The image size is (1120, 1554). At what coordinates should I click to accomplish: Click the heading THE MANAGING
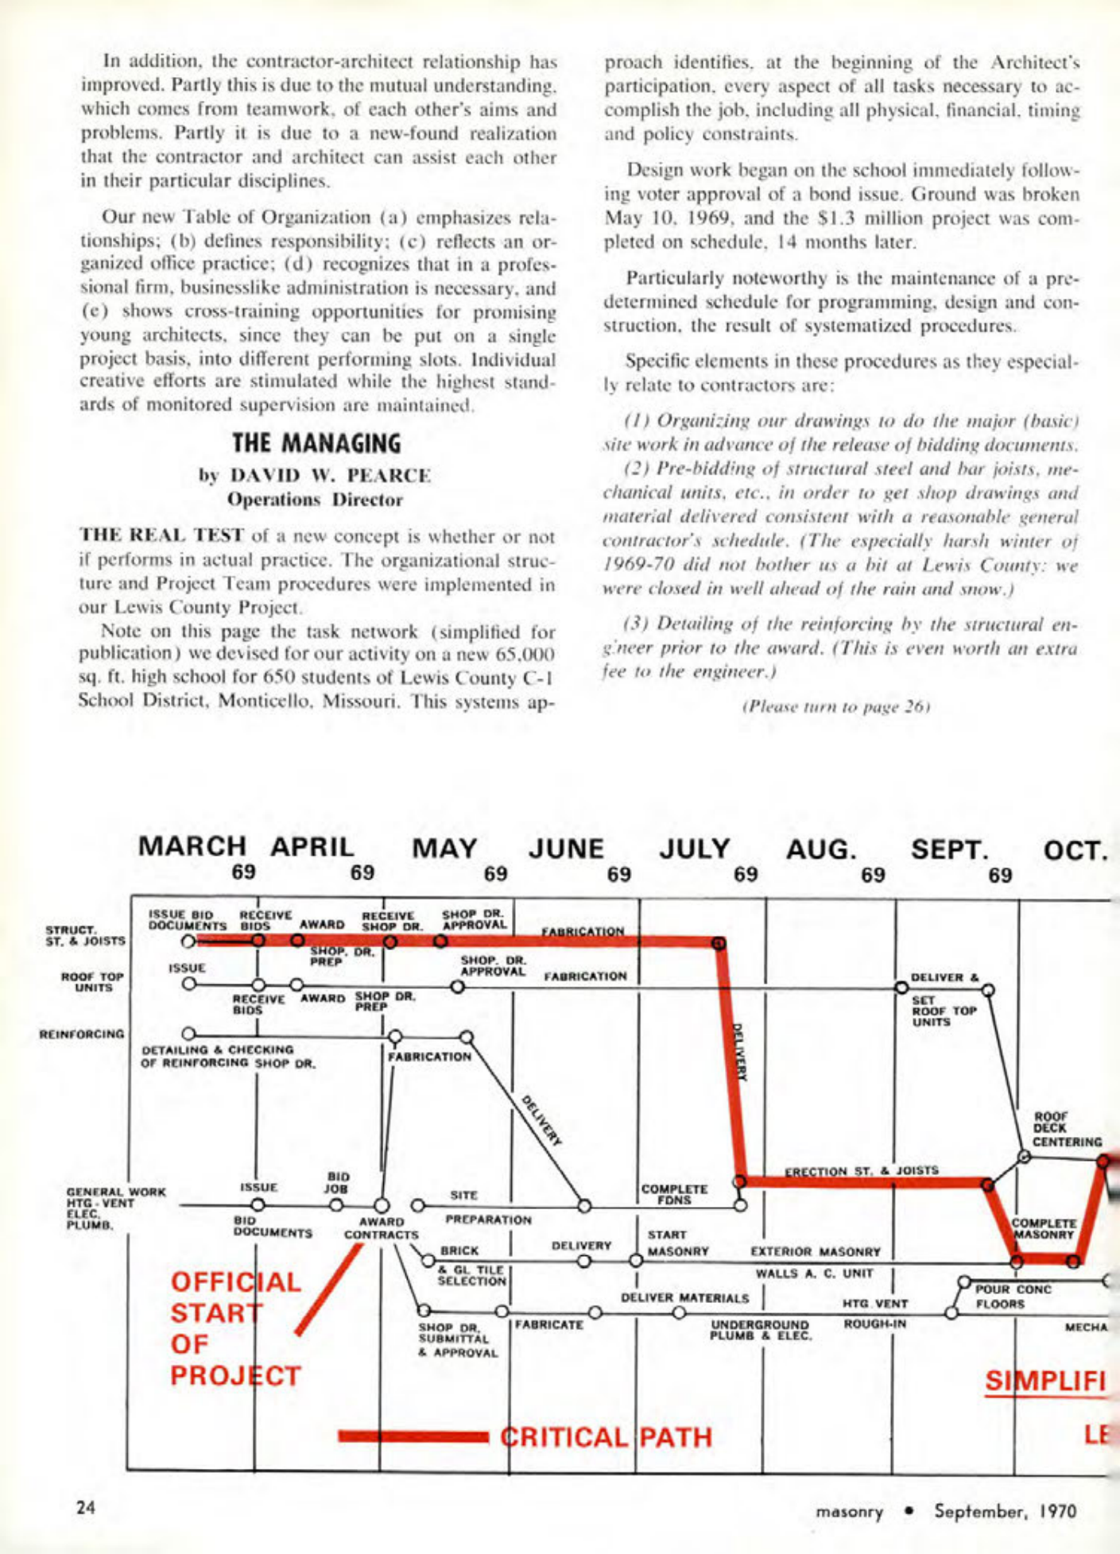click(316, 443)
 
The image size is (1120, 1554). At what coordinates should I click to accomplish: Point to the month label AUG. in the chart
click(821, 849)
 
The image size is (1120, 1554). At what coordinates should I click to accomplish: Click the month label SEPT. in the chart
click(950, 849)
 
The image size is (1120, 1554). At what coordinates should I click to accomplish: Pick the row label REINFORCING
click(82, 1034)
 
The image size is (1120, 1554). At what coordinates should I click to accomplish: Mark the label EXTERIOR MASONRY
click(815, 1251)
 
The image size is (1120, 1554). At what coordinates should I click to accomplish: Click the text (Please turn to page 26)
click(835, 705)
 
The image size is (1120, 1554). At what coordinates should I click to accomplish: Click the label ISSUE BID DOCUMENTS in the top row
click(188, 920)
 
